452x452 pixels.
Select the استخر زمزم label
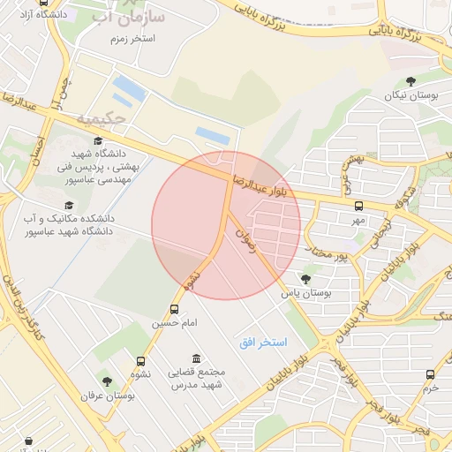[x=133, y=40]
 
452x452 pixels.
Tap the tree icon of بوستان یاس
[x=306, y=279]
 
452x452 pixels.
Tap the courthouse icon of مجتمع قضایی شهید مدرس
[x=196, y=358]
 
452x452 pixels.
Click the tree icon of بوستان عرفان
[x=107, y=381]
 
